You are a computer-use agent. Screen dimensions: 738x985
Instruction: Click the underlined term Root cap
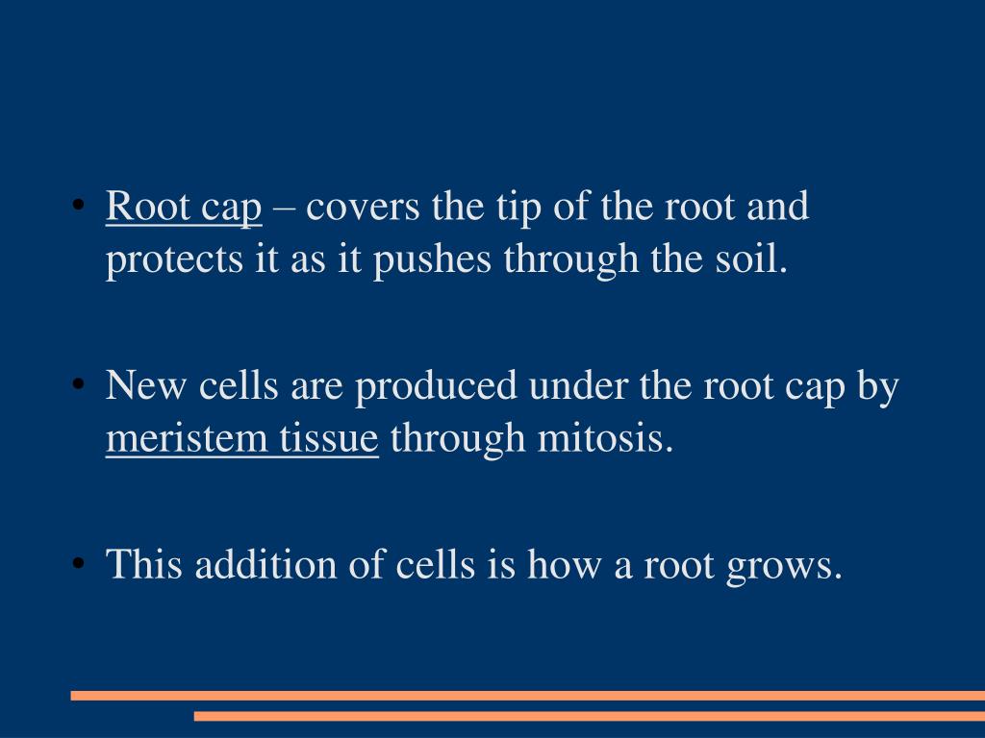[x=184, y=209]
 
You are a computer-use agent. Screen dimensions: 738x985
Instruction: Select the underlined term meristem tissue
[x=241, y=439]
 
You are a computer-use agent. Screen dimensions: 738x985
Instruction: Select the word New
[x=143, y=387]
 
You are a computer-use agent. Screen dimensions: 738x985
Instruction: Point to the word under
[x=583, y=387]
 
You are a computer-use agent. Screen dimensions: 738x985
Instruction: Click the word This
[x=144, y=564]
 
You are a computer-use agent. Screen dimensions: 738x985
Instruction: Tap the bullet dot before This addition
[x=78, y=564]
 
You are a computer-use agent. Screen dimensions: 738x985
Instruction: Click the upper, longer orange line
[x=527, y=695]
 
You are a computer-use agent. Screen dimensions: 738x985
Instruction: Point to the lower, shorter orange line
[x=589, y=716]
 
